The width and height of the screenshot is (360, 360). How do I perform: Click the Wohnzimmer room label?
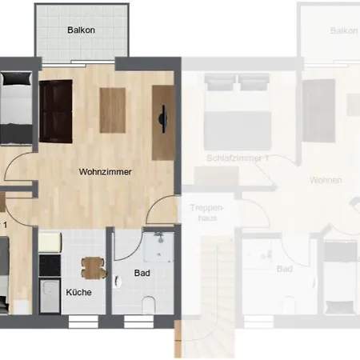pos(105,171)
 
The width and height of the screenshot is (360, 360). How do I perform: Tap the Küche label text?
pos(78,292)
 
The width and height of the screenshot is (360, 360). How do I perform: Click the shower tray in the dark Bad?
pos(158,247)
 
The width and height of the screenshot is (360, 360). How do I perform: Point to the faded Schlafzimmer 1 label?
pos(237,158)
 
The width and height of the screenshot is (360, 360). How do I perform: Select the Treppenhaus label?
pos(202,212)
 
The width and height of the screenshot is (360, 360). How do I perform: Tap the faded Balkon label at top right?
pos(343,30)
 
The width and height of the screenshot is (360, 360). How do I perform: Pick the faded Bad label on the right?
pos(284,270)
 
